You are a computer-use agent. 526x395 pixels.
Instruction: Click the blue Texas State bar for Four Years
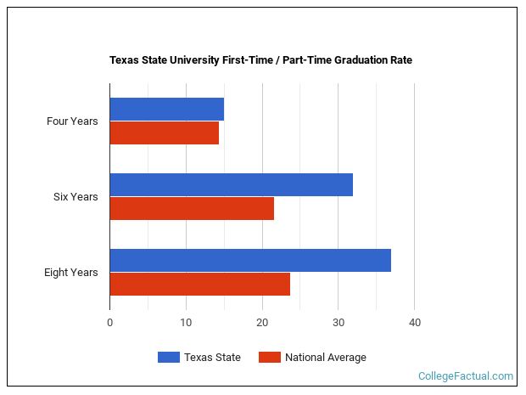tap(166, 110)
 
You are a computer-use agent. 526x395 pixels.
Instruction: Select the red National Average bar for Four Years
tap(164, 133)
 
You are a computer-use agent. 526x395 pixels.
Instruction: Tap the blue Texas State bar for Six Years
tap(231, 185)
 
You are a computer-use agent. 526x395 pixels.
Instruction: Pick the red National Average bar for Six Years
tap(192, 209)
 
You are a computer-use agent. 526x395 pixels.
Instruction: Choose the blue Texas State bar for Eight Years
tap(250, 261)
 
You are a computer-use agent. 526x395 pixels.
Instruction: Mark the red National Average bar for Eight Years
tap(199, 285)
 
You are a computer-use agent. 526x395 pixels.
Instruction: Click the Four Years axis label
tap(72, 121)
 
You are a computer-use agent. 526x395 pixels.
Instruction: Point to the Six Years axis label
tap(76, 197)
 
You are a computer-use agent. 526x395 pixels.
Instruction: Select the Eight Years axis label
tap(71, 273)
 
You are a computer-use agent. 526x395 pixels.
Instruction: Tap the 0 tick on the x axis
tap(109, 323)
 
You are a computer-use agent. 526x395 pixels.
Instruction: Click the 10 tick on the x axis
tap(186, 323)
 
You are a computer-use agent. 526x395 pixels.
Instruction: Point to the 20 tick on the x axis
tap(262, 323)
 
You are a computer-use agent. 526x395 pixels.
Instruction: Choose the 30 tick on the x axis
tap(339, 323)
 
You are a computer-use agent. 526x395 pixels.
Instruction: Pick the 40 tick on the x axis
tap(415, 323)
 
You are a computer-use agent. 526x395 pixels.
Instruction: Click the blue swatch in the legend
tap(168, 358)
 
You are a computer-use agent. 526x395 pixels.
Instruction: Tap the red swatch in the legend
tap(269, 358)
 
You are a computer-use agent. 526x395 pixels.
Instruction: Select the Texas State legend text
tap(212, 358)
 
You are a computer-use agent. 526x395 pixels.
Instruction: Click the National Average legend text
tap(326, 358)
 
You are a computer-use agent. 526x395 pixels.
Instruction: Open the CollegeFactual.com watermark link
tap(466, 376)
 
